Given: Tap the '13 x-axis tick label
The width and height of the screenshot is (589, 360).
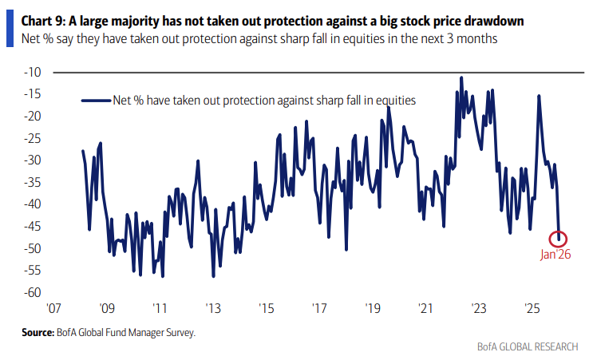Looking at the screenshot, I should (x=212, y=308).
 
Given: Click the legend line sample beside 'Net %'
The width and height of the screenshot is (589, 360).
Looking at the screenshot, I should (x=95, y=101).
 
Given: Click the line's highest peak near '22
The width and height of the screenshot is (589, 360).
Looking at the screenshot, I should (x=462, y=77).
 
